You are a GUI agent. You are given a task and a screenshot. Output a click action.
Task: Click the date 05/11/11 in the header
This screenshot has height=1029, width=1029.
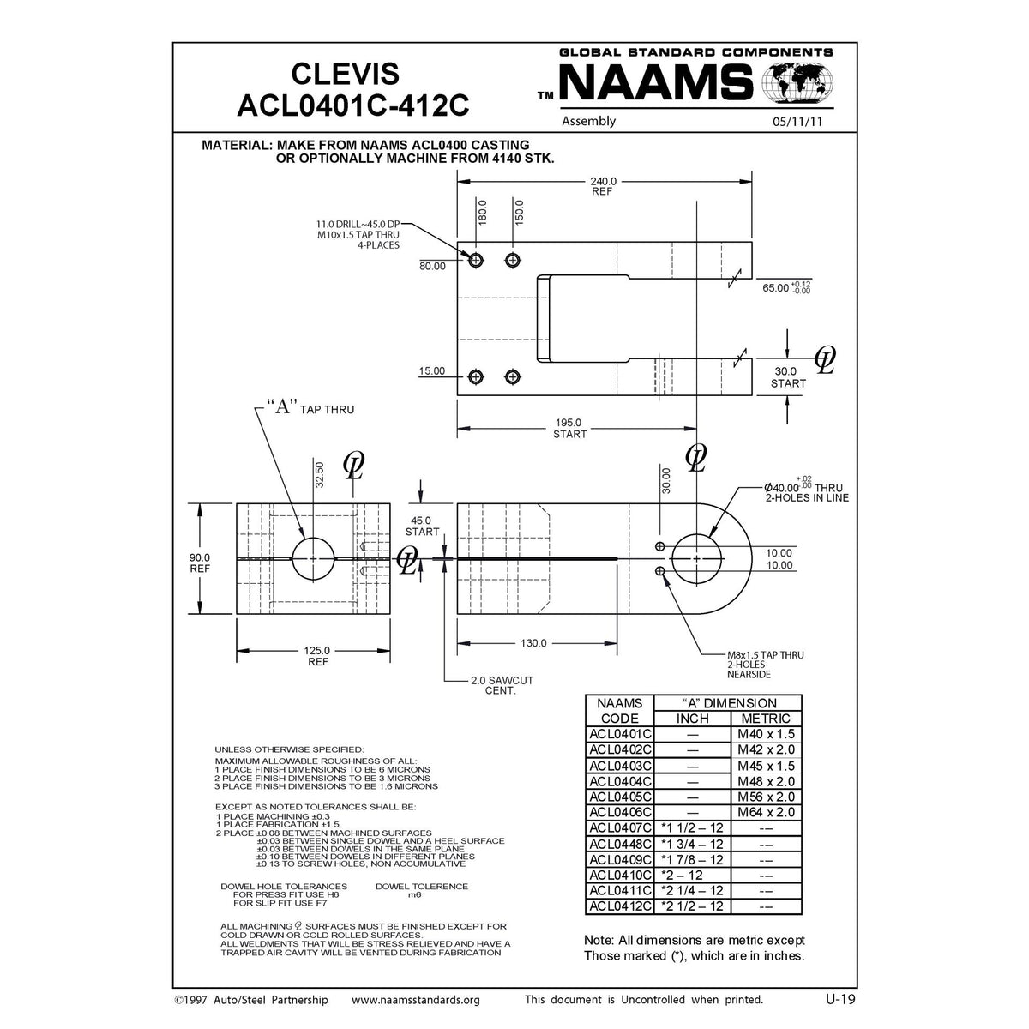[x=797, y=122]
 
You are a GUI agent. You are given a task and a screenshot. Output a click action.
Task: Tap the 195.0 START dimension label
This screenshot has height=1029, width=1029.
[x=569, y=428]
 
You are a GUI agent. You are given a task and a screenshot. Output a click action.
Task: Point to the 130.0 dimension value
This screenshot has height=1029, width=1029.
[x=535, y=642]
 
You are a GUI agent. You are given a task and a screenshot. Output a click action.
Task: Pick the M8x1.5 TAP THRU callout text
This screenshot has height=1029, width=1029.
[x=765, y=664]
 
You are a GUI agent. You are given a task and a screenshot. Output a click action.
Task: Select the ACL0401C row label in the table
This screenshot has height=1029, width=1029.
[x=620, y=734]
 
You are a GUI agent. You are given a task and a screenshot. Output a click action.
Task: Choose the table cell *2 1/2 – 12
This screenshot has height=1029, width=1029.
[x=692, y=906]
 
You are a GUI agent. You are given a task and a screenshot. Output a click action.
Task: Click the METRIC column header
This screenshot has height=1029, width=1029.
[x=765, y=719]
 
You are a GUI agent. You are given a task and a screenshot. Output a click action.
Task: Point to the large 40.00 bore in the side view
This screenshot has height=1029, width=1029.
[x=696, y=559]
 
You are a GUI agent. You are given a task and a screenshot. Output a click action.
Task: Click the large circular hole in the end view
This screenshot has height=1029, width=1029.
[x=314, y=559]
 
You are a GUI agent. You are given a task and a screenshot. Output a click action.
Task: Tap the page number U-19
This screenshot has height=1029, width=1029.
[x=834, y=999]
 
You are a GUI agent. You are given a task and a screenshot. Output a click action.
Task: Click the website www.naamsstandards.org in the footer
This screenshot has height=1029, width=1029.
[x=416, y=1000]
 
